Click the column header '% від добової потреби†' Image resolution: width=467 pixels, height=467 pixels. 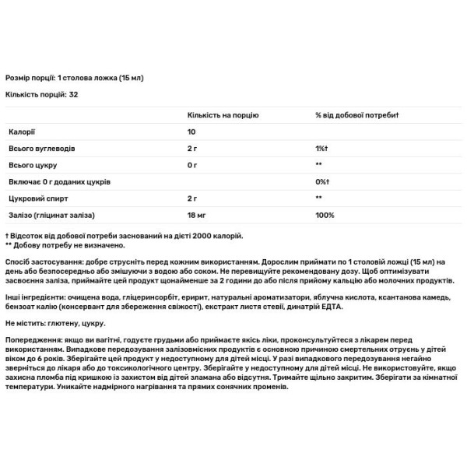357,114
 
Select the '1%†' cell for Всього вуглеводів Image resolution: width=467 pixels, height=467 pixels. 321,147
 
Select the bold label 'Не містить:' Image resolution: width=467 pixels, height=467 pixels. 26,321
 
